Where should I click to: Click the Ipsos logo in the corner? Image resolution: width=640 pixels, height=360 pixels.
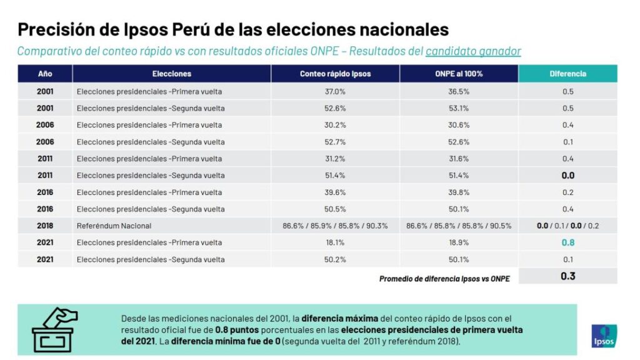[604, 335]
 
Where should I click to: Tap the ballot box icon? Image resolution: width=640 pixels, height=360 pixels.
[53, 329]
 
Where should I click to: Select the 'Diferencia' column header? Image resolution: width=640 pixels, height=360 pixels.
[567, 74]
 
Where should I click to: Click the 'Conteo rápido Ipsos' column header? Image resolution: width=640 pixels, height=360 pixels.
[335, 74]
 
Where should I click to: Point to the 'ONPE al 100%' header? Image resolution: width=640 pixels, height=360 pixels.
[459, 74]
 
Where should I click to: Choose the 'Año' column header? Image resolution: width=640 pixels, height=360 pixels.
[45, 74]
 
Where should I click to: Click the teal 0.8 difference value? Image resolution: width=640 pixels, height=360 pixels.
[567, 242]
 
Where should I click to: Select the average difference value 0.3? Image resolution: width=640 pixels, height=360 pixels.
[567, 276]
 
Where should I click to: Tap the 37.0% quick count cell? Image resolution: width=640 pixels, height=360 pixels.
[335, 92]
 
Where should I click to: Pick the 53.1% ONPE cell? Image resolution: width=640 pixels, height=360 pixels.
[459, 108]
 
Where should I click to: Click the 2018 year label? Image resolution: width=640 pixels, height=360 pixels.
[45, 226]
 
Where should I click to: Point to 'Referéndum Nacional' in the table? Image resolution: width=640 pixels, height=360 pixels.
[114, 226]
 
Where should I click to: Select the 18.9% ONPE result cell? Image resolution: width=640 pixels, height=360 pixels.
[459, 242]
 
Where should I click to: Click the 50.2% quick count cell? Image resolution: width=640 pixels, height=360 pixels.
[335, 259]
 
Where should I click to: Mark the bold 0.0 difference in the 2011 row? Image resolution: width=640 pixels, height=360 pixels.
[567, 176]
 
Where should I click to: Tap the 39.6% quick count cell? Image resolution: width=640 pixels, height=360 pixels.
[335, 192]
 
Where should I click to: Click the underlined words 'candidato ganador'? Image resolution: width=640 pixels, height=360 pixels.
[473, 51]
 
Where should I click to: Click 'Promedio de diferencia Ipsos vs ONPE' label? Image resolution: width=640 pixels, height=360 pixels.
[444, 279]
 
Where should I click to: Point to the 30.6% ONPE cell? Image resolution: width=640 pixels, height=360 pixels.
[459, 125]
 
